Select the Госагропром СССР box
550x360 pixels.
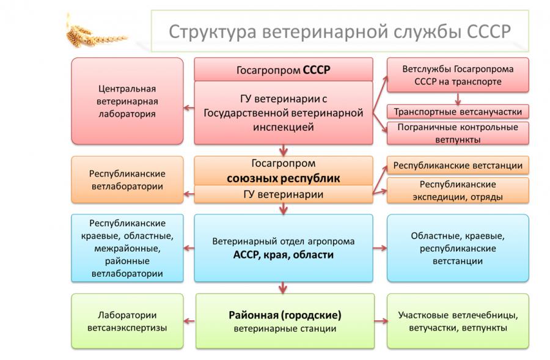[x=284, y=70]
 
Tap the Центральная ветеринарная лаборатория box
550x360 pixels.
[x=127, y=101]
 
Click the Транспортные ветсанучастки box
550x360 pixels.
[x=458, y=112]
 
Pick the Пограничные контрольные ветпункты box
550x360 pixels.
[x=458, y=133]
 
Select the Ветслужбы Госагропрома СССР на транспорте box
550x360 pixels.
[x=458, y=75]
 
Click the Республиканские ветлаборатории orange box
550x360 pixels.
[x=127, y=180]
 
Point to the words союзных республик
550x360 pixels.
[x=283, y=178]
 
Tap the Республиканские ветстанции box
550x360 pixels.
[x=458, y=165]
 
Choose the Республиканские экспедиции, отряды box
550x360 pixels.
[x=458, y=190]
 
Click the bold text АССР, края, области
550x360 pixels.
[x=283, y=255]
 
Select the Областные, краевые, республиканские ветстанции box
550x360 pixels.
[x=458, y=248]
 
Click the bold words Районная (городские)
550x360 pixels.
[x=285, y=315]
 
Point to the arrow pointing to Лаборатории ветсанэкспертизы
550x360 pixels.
[x=189, y=321]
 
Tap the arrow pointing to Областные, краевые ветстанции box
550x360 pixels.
[x=380, y=248]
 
